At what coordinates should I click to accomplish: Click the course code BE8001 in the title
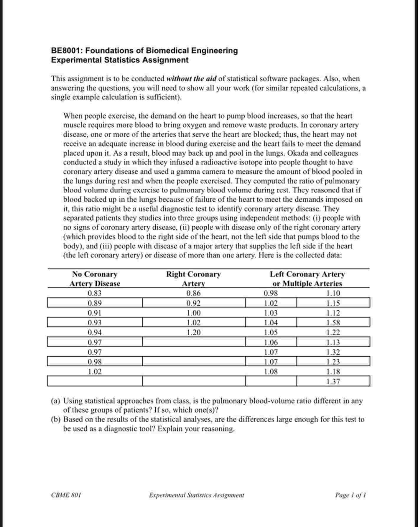pyautogui.click(x=65, y=51)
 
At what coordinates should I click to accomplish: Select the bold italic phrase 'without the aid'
pyautogui.click(x=191, y=79)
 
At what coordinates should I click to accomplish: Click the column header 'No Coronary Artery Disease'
pyautogui.click(x=95, y=279)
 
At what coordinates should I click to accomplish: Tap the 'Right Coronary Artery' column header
pyautogui.click(x=193, y=279)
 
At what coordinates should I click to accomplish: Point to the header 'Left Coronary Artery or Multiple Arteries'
pyautogui.click(x=307, y=279)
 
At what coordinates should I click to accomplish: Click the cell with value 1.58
pyautogui.click(x=333, y=323)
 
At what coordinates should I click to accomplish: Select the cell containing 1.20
pyautogui.click(x=194, y=332)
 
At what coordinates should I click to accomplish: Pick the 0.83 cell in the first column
pyautogui.click(x=95, y=293)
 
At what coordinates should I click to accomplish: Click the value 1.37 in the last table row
pyautogui.click(x=333, y=381)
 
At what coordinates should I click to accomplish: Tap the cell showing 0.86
pyautogui.click(x=194, y=293)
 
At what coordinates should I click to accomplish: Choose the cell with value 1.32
pyautogui.click(x=333, y=352)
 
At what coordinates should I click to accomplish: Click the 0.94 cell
pyautogui.click(x=95, y=332)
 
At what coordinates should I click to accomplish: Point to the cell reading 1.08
pyautogui.click(x=271, y=371)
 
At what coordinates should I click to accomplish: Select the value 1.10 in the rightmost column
pyautogui.click(x=333, y=293)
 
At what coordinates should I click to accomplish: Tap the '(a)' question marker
pyautogui.click(x=55, y=401)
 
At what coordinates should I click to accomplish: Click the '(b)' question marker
pyautogui.click(x=55, y=419)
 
